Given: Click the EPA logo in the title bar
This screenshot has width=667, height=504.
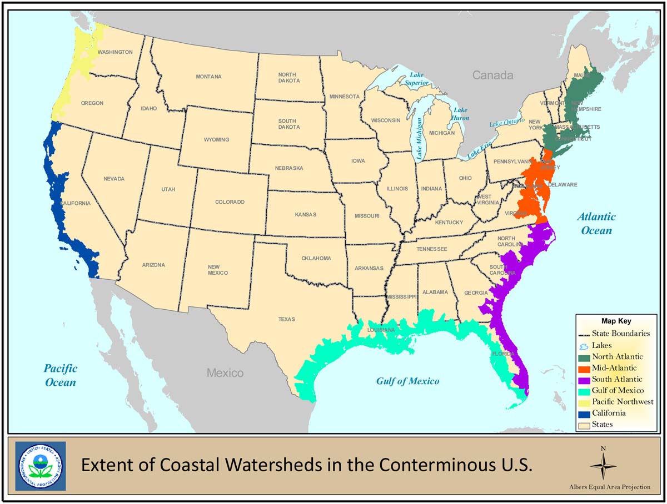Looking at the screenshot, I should click(x=40, y=466).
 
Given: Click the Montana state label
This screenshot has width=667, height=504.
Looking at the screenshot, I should click(x=208, y=77).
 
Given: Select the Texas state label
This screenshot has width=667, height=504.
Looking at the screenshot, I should click(x=287, y=319).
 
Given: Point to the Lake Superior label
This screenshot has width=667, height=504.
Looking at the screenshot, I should click(x=416, y=79).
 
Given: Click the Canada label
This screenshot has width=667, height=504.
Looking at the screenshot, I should click(x=492, y=75).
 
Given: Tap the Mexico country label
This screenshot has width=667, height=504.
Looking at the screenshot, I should click(x=225, y=372).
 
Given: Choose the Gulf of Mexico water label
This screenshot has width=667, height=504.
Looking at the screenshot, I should click(x=407, y=381).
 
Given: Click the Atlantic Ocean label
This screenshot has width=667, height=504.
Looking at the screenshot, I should click(x=596, y=224).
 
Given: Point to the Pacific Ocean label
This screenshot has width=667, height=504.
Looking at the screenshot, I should click(x=61, y=375).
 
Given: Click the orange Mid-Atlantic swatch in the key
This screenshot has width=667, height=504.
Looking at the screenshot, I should click(x=584, y=368).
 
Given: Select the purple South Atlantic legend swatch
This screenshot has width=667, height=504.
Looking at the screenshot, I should click(x=584, y=379).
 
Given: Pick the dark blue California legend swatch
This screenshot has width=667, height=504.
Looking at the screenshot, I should click(x=584, y=413).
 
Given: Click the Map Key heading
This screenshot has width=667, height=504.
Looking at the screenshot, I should click(x=616, y=321).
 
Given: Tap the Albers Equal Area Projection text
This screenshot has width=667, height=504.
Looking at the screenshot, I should click(x=609, y=487).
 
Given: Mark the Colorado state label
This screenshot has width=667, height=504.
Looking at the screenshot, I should click(x=230, y=202).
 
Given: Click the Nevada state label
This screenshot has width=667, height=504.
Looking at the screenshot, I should click(x=114, y=179).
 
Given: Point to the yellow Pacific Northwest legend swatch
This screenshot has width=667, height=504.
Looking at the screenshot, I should click(x=584, y=402).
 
